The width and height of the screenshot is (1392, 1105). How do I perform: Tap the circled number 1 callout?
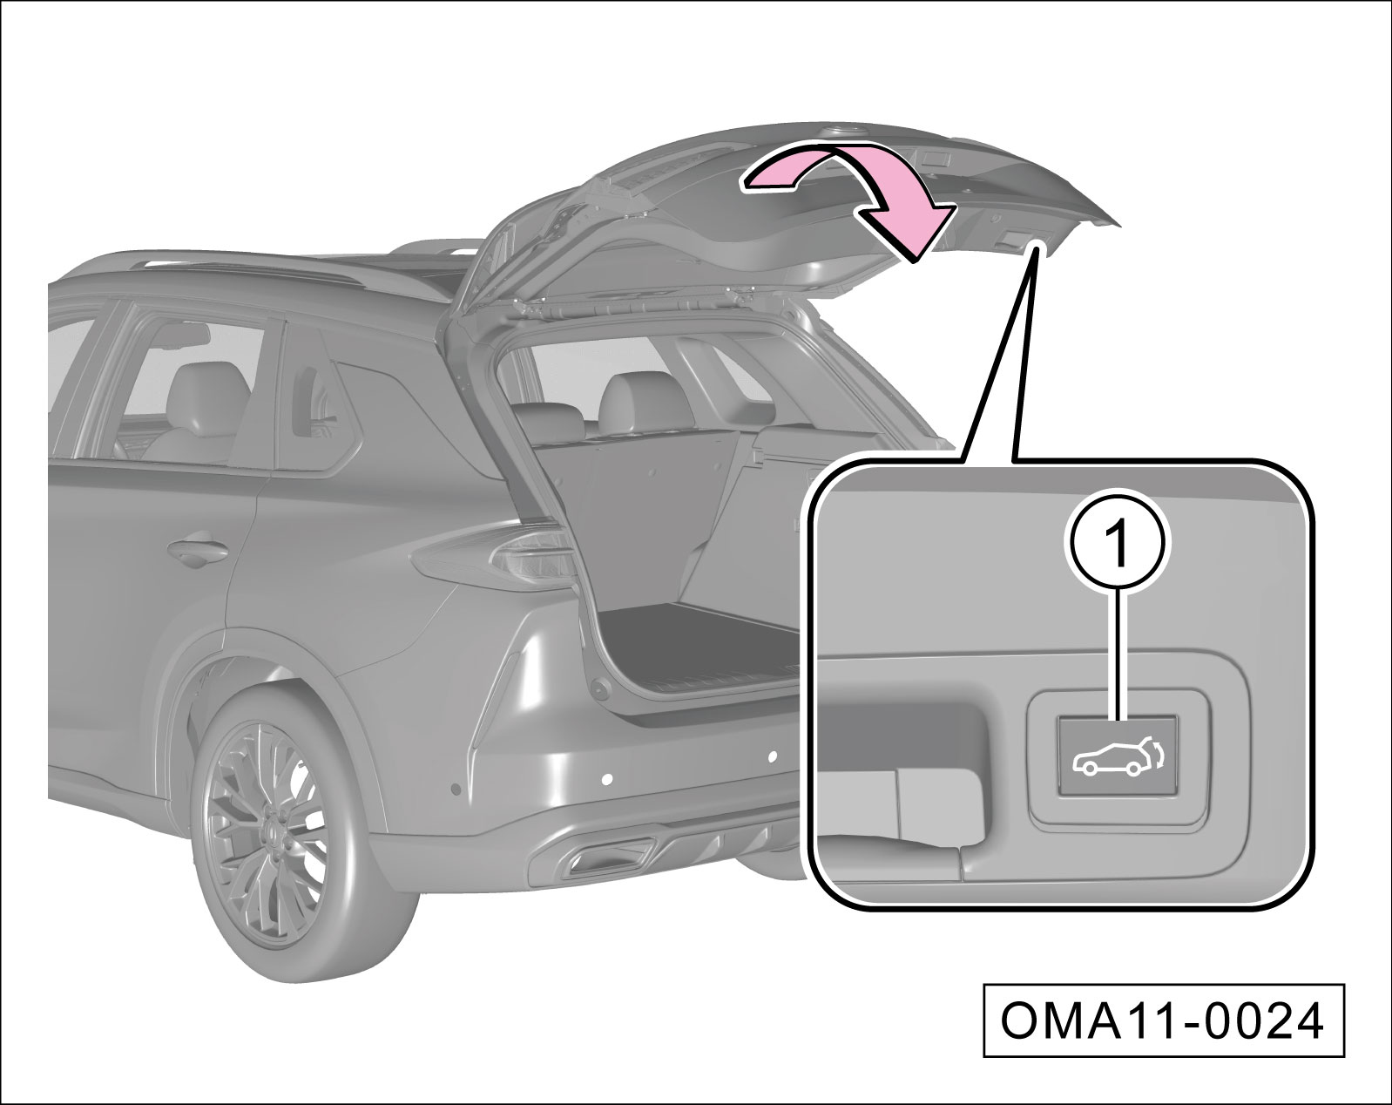1119,545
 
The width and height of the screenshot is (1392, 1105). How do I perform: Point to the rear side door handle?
197,552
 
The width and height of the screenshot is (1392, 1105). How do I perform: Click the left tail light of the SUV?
498,557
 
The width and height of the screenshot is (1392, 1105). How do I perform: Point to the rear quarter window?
314,417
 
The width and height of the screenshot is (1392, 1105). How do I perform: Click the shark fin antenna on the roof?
839,149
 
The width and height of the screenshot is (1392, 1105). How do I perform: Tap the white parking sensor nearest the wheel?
606,780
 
